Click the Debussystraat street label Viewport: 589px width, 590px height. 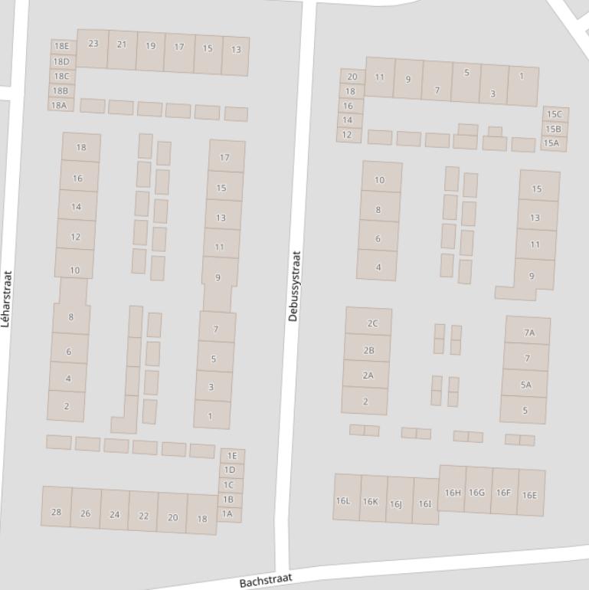click(x=295, y=287)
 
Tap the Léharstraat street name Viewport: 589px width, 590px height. click(x=7, y=299)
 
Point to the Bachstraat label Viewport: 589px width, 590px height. click(x=266, y=581)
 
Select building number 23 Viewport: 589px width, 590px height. click(x=93, y=44)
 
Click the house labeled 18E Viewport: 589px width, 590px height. click(x=61, y=46)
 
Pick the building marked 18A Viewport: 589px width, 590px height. click(x=59, y=105)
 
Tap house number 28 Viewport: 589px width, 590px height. click(x=56, y=512)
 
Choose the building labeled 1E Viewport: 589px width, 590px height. click(x=232, y=456)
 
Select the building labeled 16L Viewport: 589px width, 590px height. click(x=342, y=501)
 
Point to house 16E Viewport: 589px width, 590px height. click(x=529, y=495)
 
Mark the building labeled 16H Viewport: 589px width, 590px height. click(x=453, y=493)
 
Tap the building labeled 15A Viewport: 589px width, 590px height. click(x=551, y=143)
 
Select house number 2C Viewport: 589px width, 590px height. click(x=372, y=323)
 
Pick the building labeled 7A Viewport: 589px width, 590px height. click(x=528, y=333)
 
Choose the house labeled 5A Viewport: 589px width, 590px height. click(x=525, y=385)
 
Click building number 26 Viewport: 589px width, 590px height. click(x=85, y=513)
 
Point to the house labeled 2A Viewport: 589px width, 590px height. click(x=368, y=375)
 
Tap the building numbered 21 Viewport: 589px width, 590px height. click(x=122, y=44)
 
